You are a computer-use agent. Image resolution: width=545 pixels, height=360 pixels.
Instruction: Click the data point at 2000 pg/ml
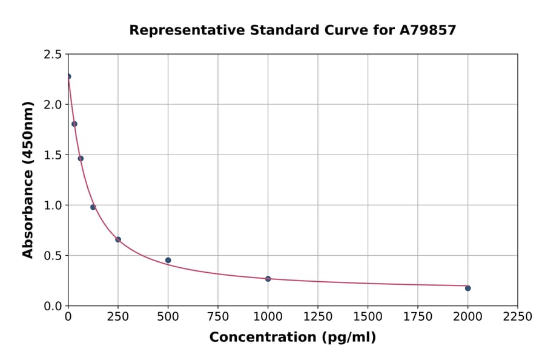467,288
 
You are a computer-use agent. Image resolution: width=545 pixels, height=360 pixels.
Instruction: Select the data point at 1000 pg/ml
268,279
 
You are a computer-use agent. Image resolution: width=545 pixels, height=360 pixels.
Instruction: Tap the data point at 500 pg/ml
168,260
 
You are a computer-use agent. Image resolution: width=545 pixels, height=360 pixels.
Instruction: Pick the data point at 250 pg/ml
118,239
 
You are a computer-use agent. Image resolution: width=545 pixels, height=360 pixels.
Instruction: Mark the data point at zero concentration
68,76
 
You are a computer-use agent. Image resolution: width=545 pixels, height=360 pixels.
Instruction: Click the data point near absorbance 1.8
74,124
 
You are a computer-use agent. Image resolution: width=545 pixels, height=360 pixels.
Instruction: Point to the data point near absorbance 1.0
93,207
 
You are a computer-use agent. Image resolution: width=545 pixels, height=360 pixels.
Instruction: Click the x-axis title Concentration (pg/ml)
292,338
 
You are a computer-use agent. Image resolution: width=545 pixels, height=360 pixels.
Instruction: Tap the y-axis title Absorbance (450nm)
28,179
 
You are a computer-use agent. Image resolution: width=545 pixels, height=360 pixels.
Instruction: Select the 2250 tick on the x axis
518,316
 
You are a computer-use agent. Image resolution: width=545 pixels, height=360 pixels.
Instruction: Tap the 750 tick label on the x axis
218,316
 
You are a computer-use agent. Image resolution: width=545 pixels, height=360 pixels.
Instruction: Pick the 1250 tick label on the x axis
318,316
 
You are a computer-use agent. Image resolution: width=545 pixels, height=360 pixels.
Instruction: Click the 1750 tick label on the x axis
418,316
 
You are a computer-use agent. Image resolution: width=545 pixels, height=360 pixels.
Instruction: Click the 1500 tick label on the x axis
368,316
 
